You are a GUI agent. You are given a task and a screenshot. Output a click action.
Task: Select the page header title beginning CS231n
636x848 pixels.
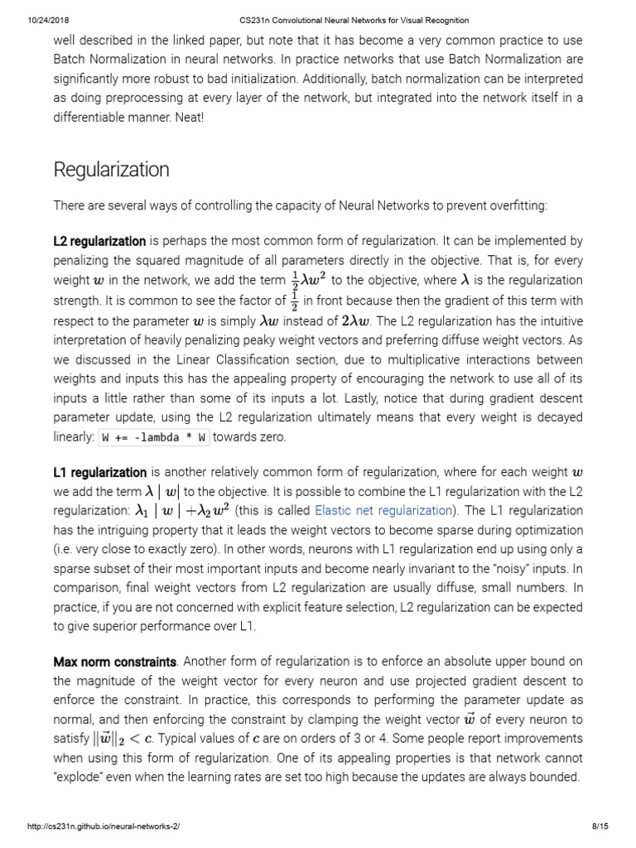317,20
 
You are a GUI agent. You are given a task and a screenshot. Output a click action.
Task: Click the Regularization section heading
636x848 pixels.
111,170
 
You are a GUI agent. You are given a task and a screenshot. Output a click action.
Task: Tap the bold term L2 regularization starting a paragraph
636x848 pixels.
99,241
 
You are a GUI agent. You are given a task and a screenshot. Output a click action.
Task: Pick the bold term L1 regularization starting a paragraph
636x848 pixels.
99,472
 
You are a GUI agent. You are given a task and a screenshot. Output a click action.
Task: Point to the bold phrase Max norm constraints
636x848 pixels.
115,662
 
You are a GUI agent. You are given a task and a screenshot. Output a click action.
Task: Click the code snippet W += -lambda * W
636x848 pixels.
155,436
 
